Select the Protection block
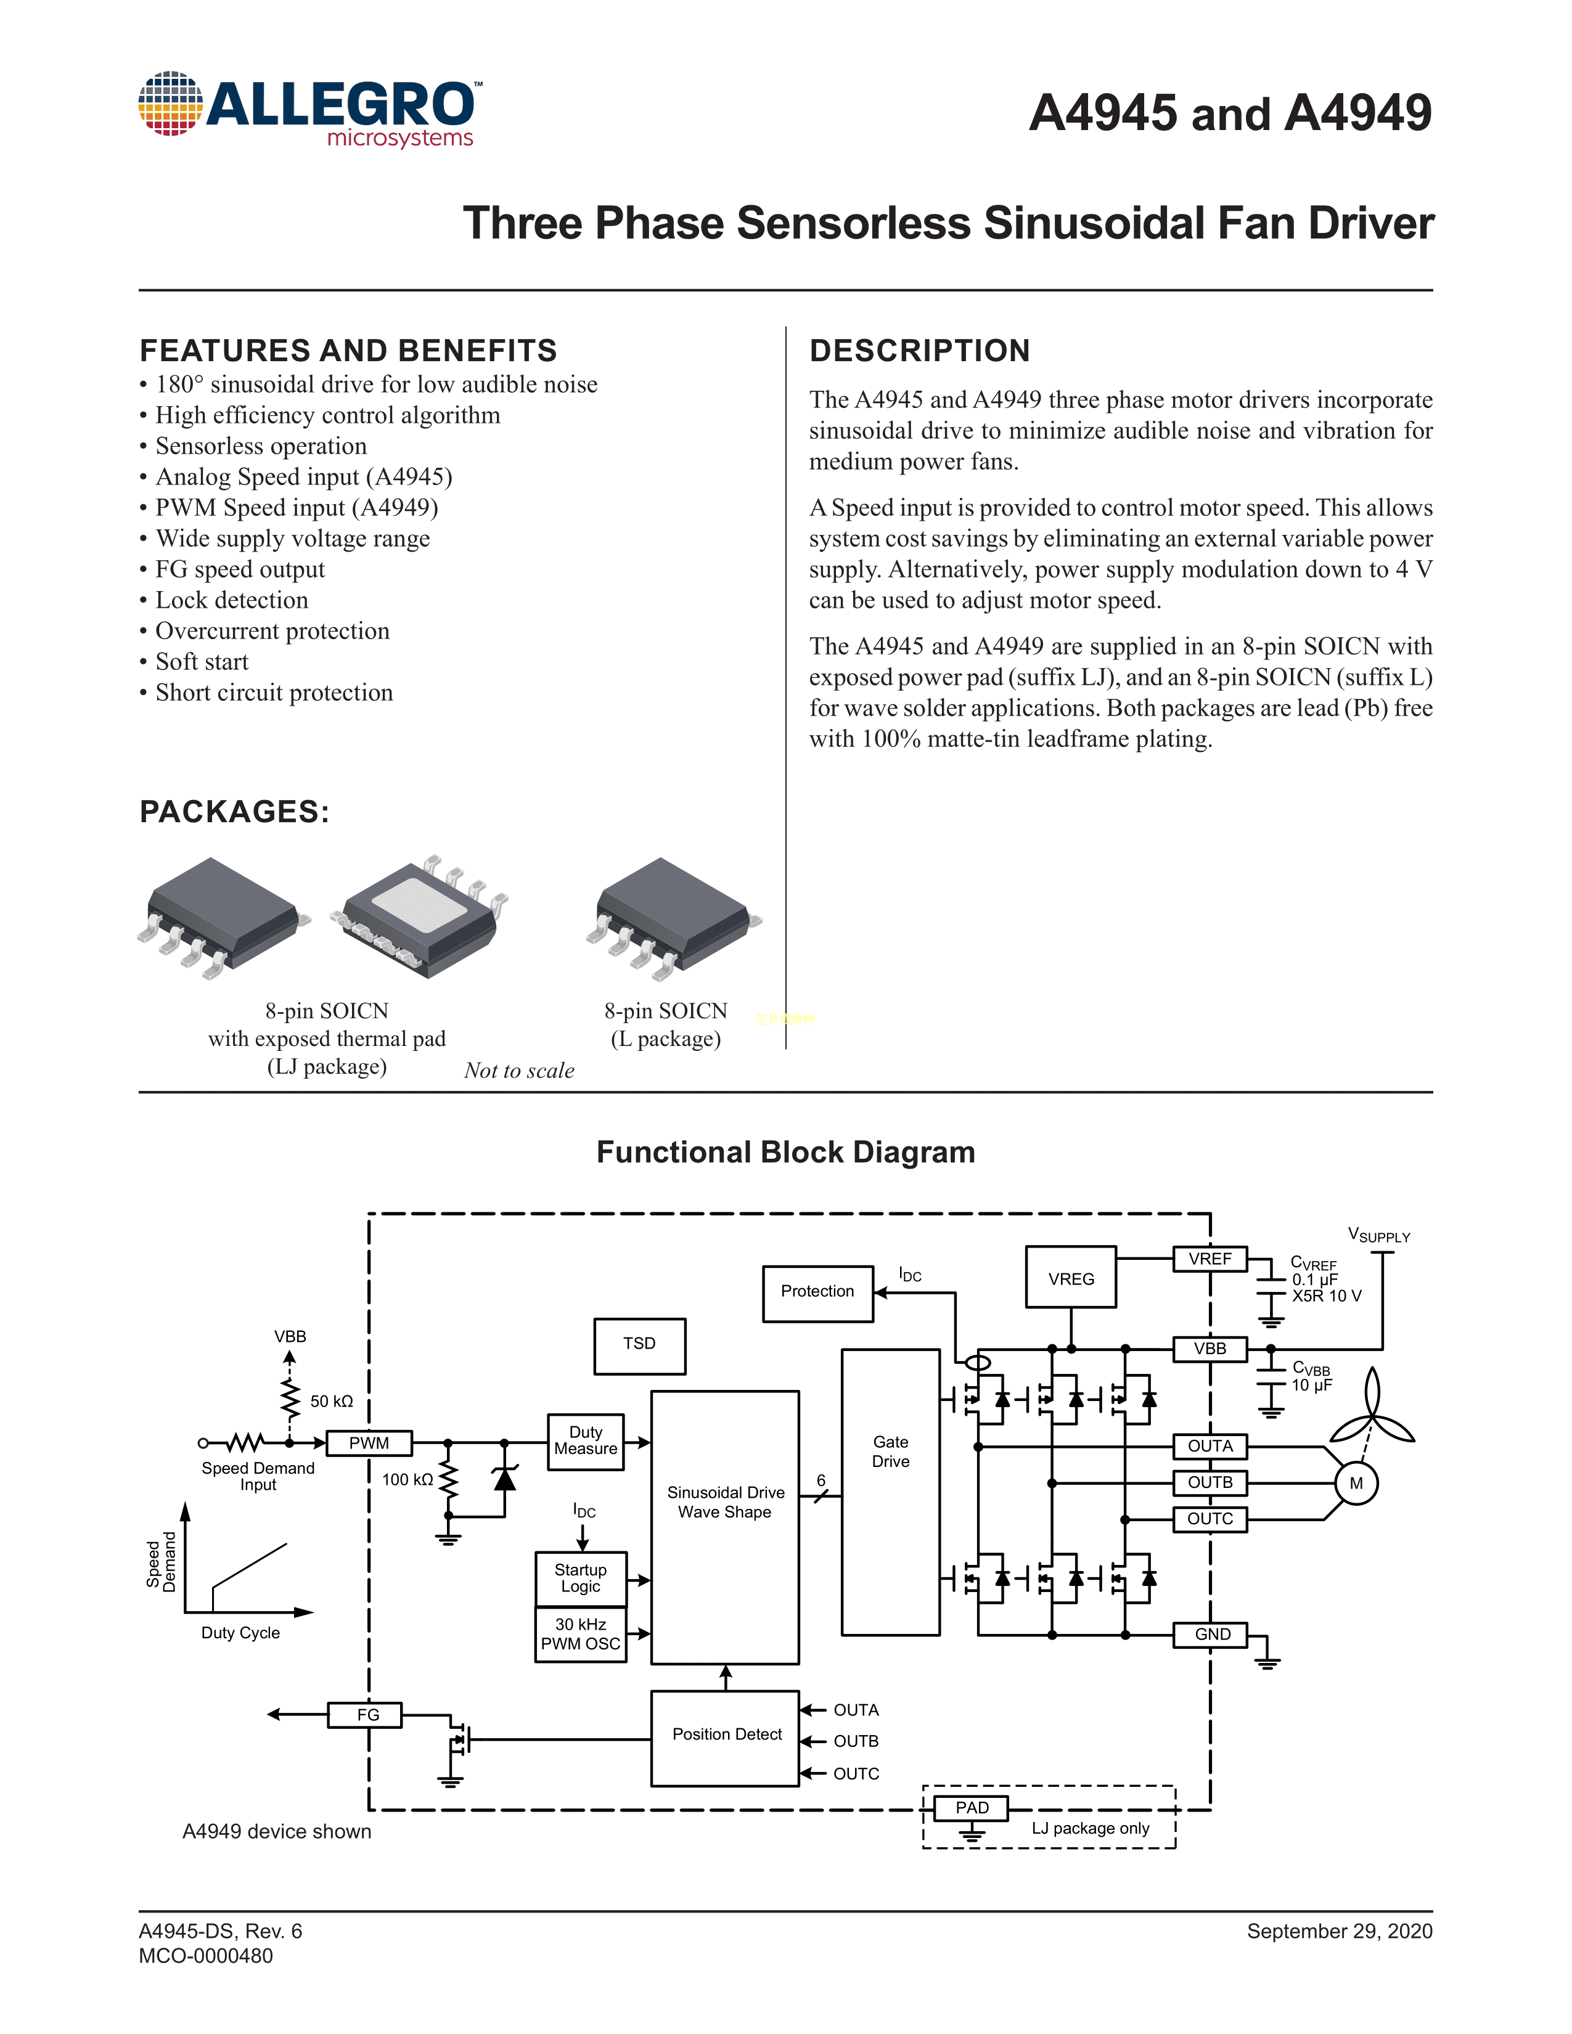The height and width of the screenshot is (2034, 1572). click(x=817, y=1293)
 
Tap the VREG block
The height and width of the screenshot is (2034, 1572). click(x=1071, y=1278)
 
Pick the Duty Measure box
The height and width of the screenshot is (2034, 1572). click(x=585, y=1442)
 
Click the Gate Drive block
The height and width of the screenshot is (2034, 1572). click(x=890, y=1491)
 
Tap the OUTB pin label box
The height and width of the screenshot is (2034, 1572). click(x=1210, y=1482)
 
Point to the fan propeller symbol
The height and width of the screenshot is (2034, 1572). click(x=1372, y=1416)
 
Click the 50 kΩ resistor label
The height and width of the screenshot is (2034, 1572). click(x=332, y=1402)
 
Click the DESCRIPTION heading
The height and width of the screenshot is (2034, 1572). click(x=919, y=351)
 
